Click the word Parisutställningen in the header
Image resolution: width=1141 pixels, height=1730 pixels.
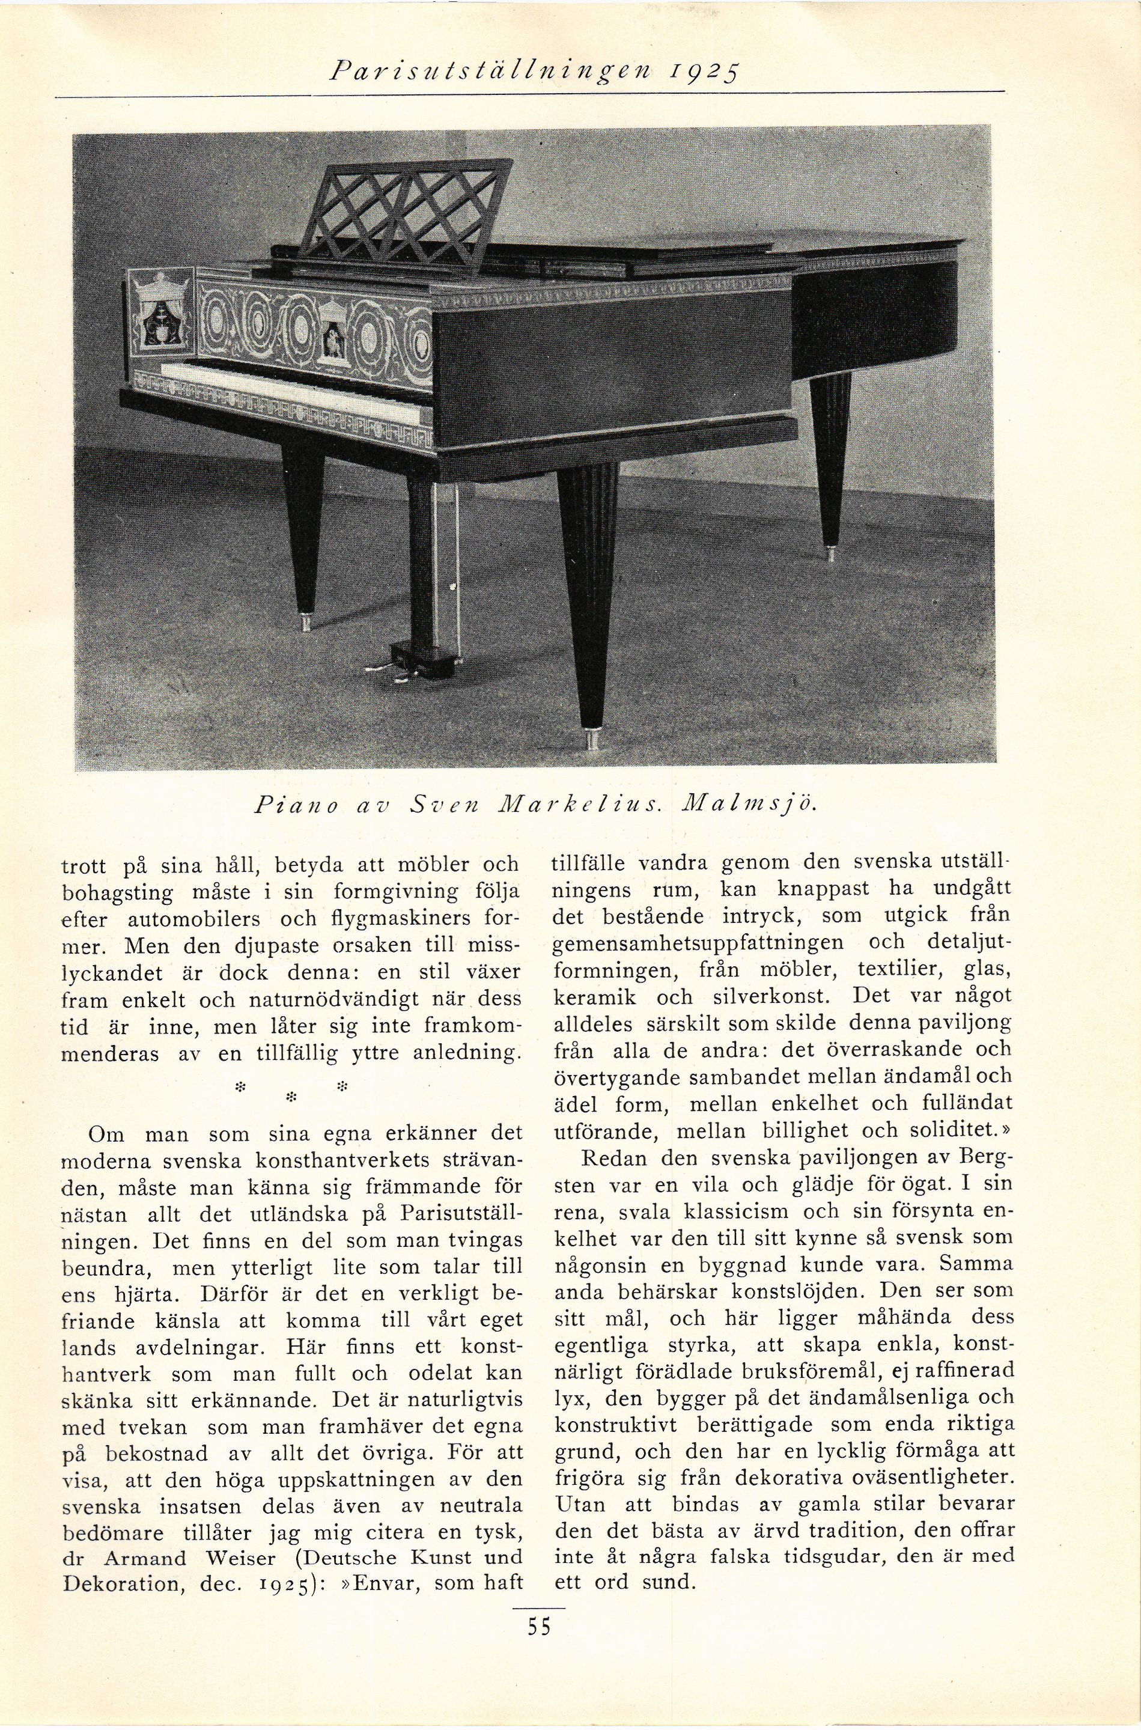(x=501, y=72)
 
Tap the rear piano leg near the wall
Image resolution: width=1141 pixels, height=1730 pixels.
(x=831, y=458)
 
